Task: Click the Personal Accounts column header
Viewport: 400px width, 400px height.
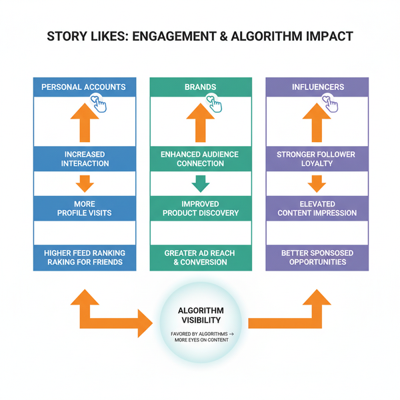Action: pos(85,87)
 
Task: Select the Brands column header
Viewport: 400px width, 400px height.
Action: pos(201,87)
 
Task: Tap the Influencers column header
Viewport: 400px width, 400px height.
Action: pos(317,87)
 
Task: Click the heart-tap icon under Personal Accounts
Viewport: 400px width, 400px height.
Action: pos(101,104)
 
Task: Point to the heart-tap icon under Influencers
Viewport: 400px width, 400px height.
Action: pos(331,104)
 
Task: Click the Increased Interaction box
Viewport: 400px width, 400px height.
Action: pos(85,159)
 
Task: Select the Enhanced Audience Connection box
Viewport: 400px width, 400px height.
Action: pos(201,159)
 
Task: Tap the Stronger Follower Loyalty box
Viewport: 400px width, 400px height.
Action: pos(317,159)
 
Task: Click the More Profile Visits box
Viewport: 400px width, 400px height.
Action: pos(85,208)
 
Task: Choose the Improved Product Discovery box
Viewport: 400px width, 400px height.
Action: pos(201,208)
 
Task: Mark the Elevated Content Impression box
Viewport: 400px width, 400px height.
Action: pos(317,208)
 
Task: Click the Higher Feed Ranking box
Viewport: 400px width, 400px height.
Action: pos(85,257)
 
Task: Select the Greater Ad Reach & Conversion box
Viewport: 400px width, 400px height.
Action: pos(201,257)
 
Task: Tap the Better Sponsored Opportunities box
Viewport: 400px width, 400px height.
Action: pos(317,257)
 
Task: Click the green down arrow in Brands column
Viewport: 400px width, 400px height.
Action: pos(201,183)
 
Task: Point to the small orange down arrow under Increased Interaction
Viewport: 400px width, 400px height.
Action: pos(85,183)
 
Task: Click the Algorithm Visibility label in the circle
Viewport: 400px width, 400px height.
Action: pos(201,315)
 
